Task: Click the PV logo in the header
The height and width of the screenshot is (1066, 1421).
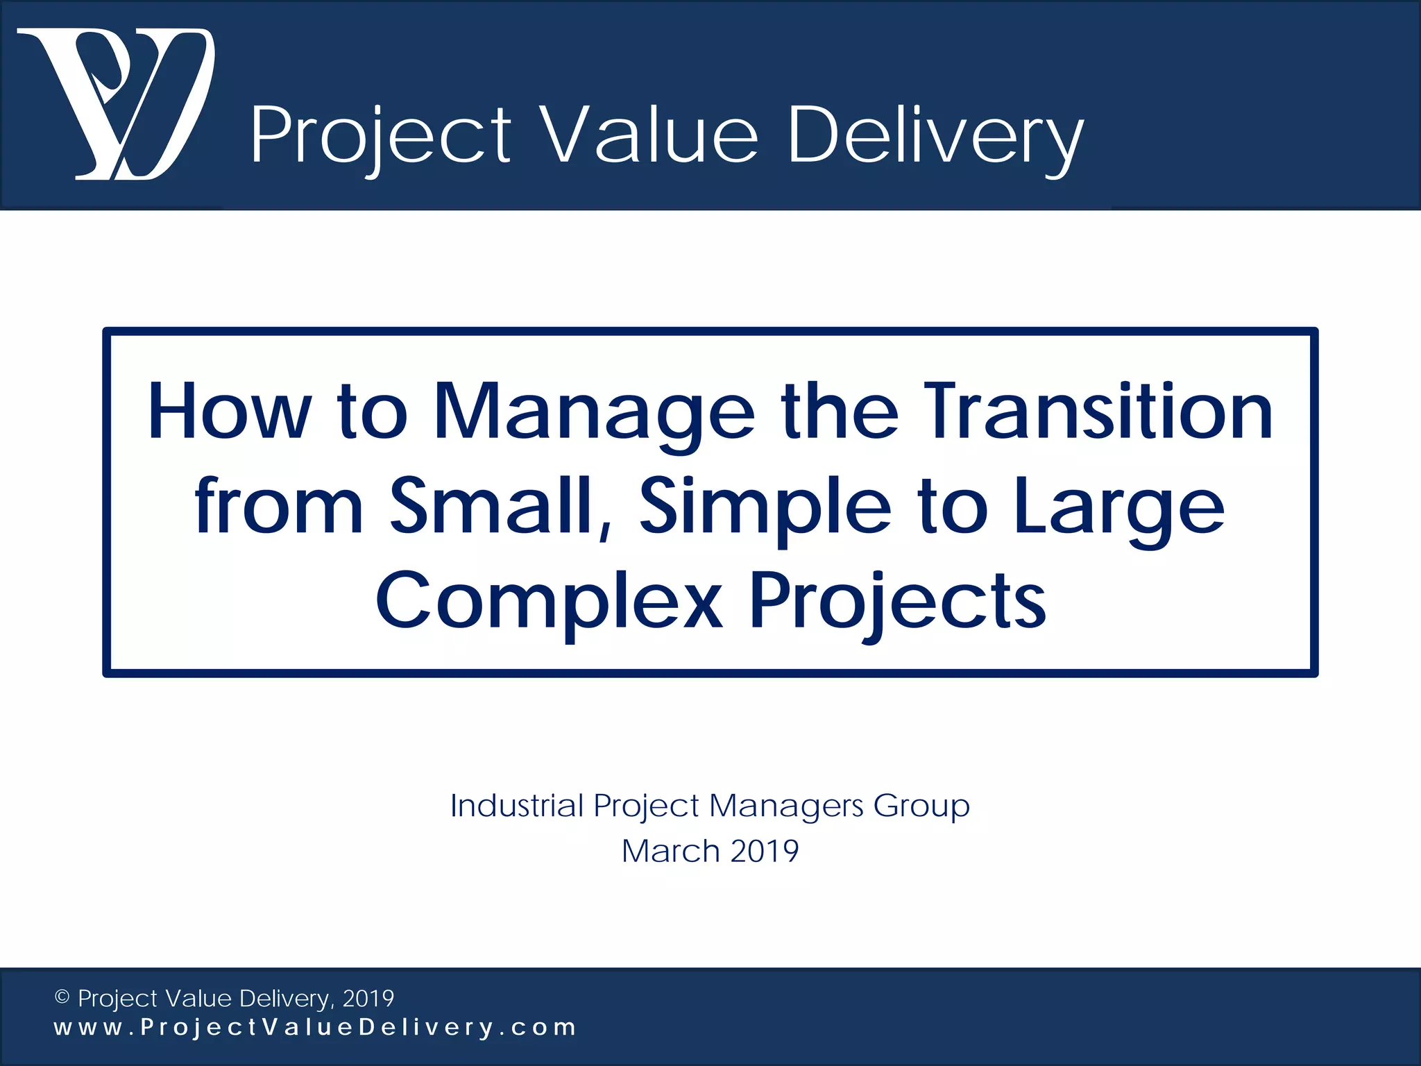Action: (x=116, y=104)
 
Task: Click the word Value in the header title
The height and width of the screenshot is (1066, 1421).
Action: (x=649, y=135)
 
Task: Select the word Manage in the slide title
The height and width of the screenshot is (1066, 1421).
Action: (x=593, y=413)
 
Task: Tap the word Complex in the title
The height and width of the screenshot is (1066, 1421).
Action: (x=548, y=601)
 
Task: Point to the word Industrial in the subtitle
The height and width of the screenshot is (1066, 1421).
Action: (x=517, y=806)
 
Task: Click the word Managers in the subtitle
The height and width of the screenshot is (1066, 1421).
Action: (x=786, y=806)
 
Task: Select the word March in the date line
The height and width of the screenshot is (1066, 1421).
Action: (x=670, y=851)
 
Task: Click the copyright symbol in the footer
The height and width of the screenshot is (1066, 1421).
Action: (x=62, y=998)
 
